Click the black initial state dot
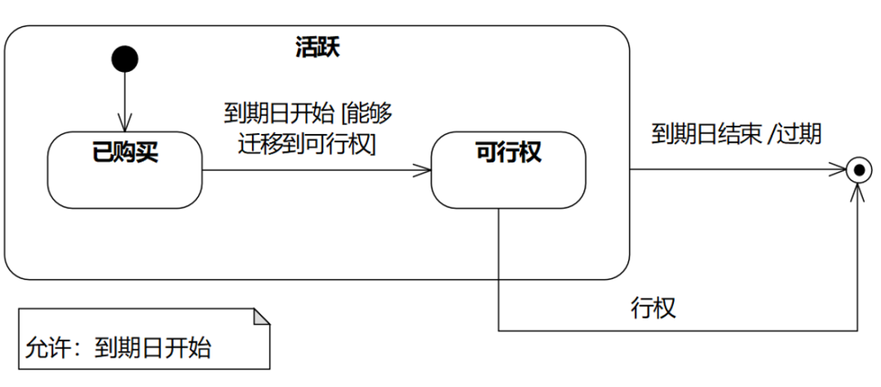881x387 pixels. (x=125, y=59)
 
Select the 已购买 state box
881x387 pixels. (x=125, y=171)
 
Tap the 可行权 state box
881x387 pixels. (x=507, y=170)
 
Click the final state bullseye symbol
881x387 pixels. (x=857, y=171)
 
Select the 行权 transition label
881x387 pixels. (x=653, y=308)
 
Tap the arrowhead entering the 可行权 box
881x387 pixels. (x=424, y=171)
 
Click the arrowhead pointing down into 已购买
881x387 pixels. (x=125, y=125)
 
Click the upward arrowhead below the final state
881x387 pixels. (x=857, y=192)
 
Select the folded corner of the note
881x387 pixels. (x=261, y=317)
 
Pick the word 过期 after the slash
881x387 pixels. (x=799, y=134)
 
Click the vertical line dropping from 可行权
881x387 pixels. (x=498, y=269)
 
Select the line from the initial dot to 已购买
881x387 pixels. (x=125, y=94)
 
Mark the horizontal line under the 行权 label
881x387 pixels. (x=677, y=331)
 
